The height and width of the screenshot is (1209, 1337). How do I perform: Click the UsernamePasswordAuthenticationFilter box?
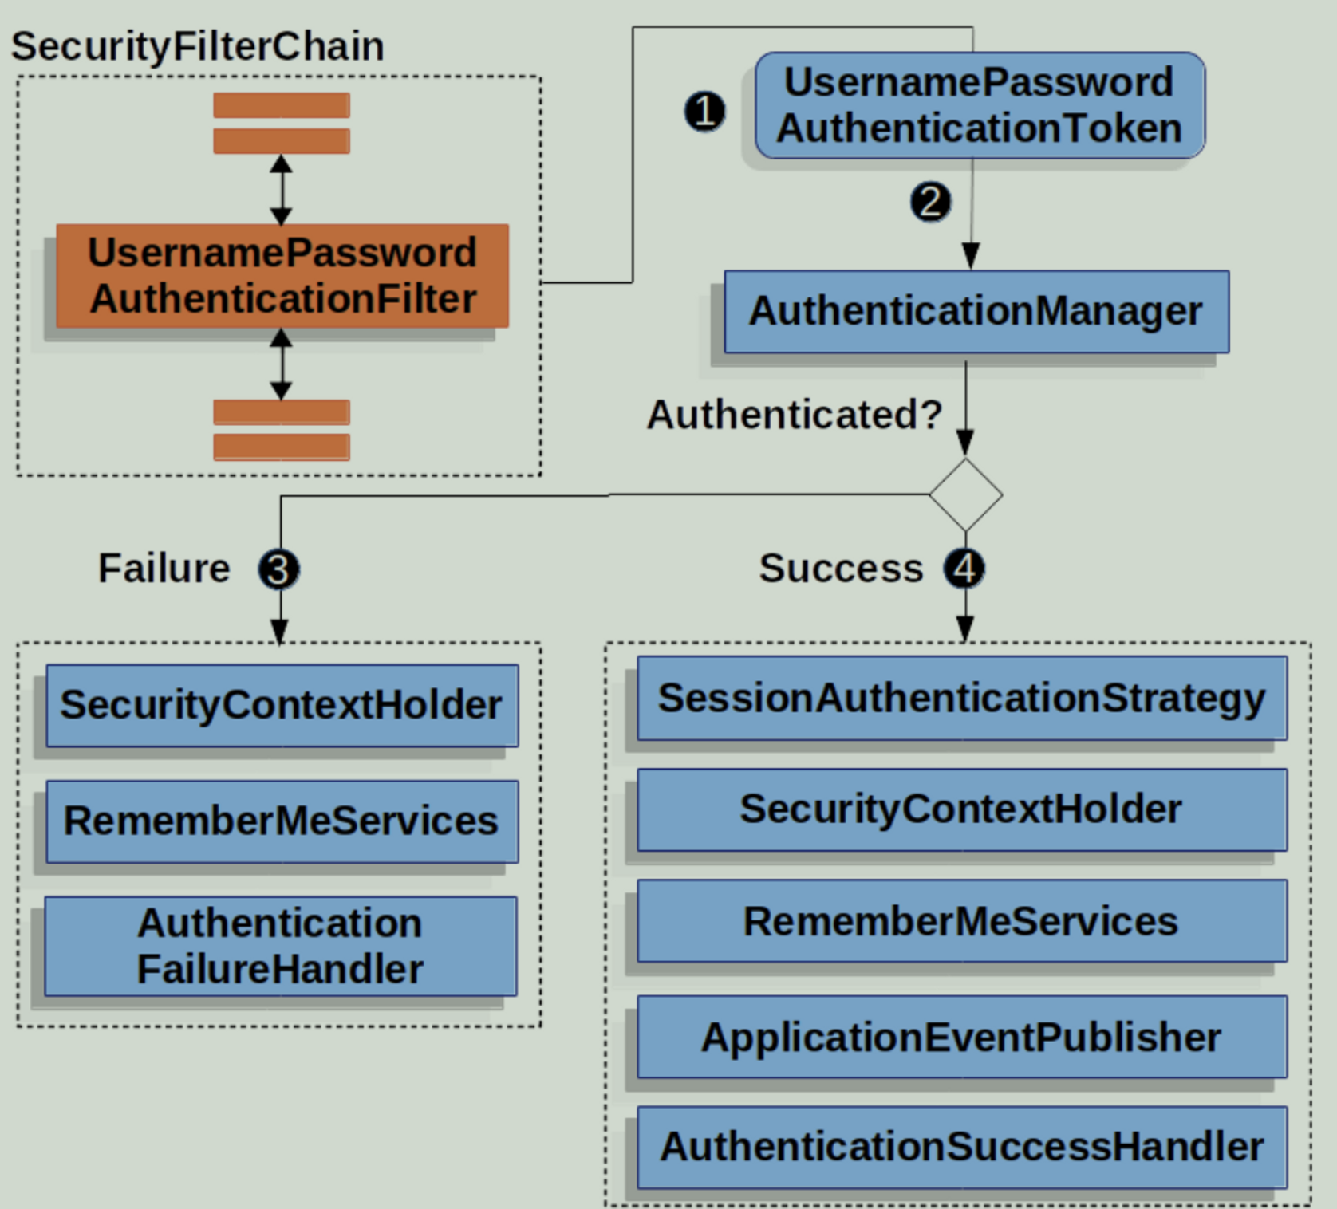(x=282, y=276)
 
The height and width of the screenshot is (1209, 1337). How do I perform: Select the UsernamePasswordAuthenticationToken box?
(x=980, y=105)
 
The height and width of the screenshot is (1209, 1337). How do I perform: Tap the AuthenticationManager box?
(x=976, y=312)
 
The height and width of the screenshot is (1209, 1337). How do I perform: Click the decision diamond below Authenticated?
(x=965, y=494)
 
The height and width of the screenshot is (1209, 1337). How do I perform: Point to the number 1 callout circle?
(x=704, y=111)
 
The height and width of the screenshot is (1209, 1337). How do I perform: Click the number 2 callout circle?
(x=930, y=202)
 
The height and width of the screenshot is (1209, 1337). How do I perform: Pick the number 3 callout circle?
(x=278, y=569)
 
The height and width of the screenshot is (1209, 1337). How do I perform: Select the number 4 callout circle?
(x=964, y=569)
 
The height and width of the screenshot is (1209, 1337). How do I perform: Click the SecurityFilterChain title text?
(x=198, y=46)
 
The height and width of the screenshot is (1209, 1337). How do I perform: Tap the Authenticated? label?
(x=795, y=415)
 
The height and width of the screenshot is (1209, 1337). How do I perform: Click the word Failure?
(x=164, y=569)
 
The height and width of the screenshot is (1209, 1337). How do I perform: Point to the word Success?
(x=841, y=569)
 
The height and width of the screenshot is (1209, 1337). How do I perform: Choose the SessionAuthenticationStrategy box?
(x=961, y=699)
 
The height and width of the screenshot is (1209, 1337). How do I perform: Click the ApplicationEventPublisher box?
(x=961, y=1037)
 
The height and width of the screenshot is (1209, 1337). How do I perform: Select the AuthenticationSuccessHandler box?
(x=961, y=1147)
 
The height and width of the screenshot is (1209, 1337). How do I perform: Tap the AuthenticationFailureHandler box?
(x=281, y=946)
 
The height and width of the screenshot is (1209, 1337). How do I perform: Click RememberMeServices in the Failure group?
(x=282, y=821)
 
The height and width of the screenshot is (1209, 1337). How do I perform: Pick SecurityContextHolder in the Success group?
(x=961, y=809)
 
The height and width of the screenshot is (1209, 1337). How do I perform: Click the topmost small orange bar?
(x=281, y=105)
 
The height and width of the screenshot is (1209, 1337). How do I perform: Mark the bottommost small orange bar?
(x=281, y=447)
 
